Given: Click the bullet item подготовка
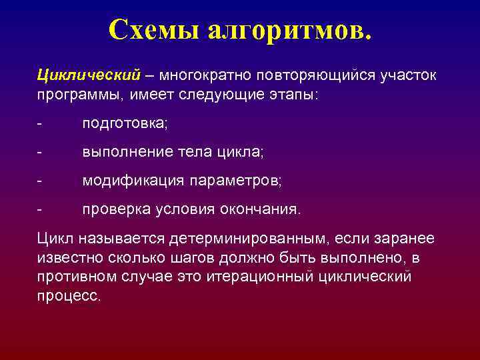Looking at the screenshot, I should (x=125, y=125).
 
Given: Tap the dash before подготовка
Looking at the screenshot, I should (x=40, y=125).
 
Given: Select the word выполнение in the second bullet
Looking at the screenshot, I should (x=122, y=153).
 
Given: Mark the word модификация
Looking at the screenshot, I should (x=133, y=181).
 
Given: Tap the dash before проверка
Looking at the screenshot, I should (x=40, y=209).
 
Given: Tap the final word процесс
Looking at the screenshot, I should (x=69, y=295).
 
